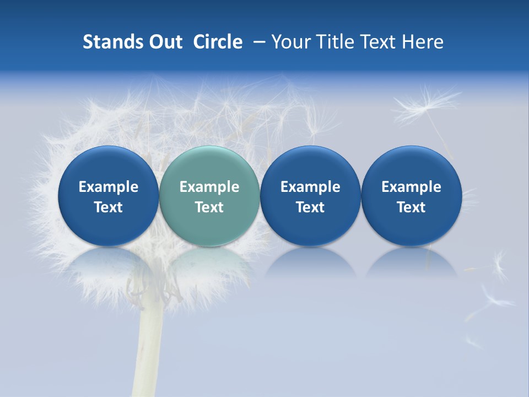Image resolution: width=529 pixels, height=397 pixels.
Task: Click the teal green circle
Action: pos(209,196)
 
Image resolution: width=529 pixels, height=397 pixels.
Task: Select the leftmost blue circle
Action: pos(108,196)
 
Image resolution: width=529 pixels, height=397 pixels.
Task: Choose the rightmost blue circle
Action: pos(411,196)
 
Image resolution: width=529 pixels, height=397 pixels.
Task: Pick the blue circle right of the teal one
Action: pos(310,196)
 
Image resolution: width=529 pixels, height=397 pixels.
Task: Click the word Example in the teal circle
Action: pos(209,187)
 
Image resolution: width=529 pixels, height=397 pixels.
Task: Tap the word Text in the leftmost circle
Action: pos(108,207)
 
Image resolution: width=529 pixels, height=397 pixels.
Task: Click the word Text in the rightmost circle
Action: pos(411,207)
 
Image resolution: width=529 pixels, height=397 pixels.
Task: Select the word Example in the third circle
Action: pos(310,187)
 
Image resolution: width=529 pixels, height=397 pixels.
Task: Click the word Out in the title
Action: pos(164,42)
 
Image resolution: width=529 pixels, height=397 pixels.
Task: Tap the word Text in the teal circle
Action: pos(209,207)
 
